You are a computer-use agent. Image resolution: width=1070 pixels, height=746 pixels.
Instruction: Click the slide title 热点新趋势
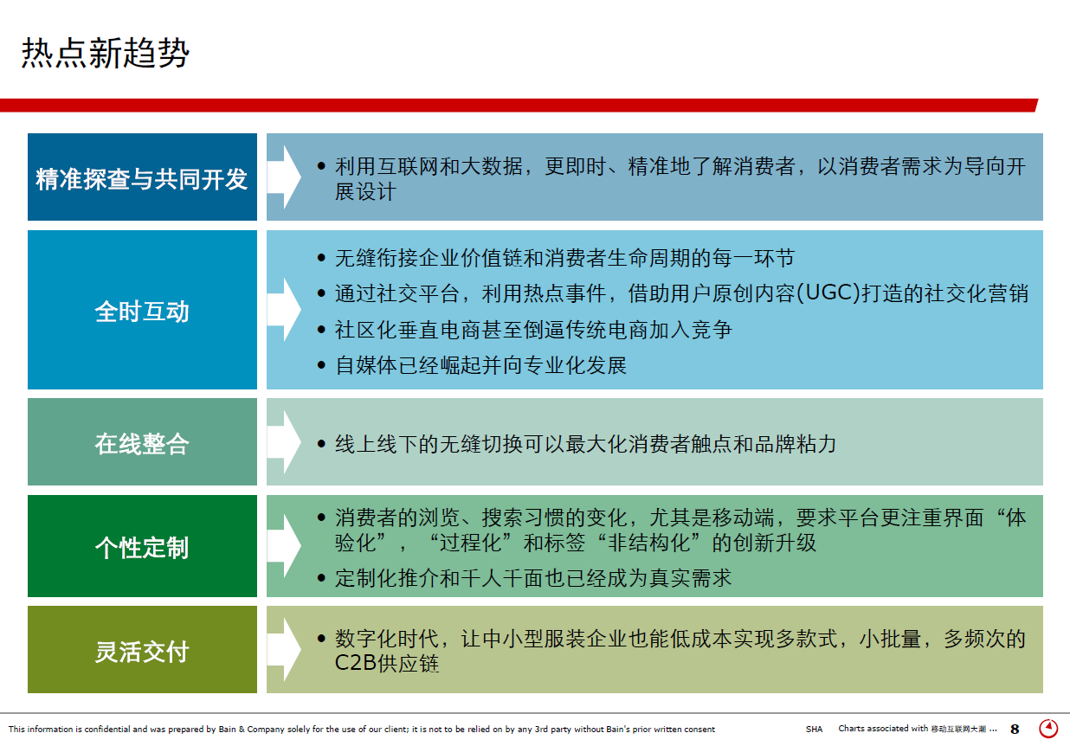tap(106, 53)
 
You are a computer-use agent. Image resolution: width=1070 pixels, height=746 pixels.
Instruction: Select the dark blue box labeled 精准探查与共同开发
tap(142, 177)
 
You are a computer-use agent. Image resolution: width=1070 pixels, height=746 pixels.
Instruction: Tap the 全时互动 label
tap(142, 312)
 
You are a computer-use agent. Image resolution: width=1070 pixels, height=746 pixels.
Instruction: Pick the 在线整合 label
tap(142, 444)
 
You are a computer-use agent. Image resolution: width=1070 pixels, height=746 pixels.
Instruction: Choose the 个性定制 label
tap(142, 547)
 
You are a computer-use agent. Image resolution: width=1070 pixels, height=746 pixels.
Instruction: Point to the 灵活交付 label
tap(142, 651)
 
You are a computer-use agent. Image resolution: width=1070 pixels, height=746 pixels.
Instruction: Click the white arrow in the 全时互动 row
tap(284, 310)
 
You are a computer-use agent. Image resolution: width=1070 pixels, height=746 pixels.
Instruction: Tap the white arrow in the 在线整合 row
tap(284, 441)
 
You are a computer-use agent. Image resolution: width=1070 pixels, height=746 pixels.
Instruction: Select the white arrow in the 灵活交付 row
tap(284, 650)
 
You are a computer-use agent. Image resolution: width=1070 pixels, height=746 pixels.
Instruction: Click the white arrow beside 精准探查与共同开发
tap(284, 177)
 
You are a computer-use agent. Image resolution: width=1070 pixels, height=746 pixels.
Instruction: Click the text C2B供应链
tap(387, 663)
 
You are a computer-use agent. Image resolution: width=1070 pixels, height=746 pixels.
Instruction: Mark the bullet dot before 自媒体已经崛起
tap(321, 366)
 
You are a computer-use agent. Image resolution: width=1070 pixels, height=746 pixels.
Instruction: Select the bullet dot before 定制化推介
tap(321, 578)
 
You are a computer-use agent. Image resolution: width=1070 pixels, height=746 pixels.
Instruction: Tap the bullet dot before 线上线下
tap(321, 444)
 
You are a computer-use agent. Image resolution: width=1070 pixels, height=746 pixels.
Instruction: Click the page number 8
tap(1015, 730)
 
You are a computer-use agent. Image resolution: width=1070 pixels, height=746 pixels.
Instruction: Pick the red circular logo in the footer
tap(1049, 729)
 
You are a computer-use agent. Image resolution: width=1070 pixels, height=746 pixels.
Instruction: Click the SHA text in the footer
tap(814, 730)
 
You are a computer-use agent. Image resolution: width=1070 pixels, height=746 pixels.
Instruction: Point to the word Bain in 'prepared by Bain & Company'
tap(228, 730)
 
